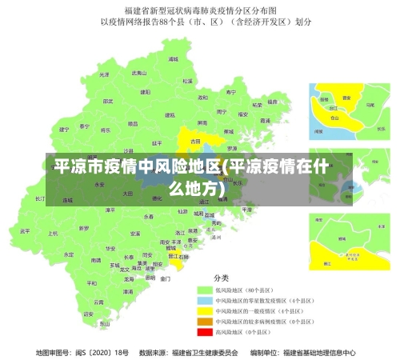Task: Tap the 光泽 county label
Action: pyautogui.click(x=103, y=74)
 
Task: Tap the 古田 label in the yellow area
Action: pyautogui.click(x=195, y=142)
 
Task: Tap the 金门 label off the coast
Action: pyautogui.click(x=165, y=279)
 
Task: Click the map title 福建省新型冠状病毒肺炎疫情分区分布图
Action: pyautogui.click(x=200, y=11)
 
